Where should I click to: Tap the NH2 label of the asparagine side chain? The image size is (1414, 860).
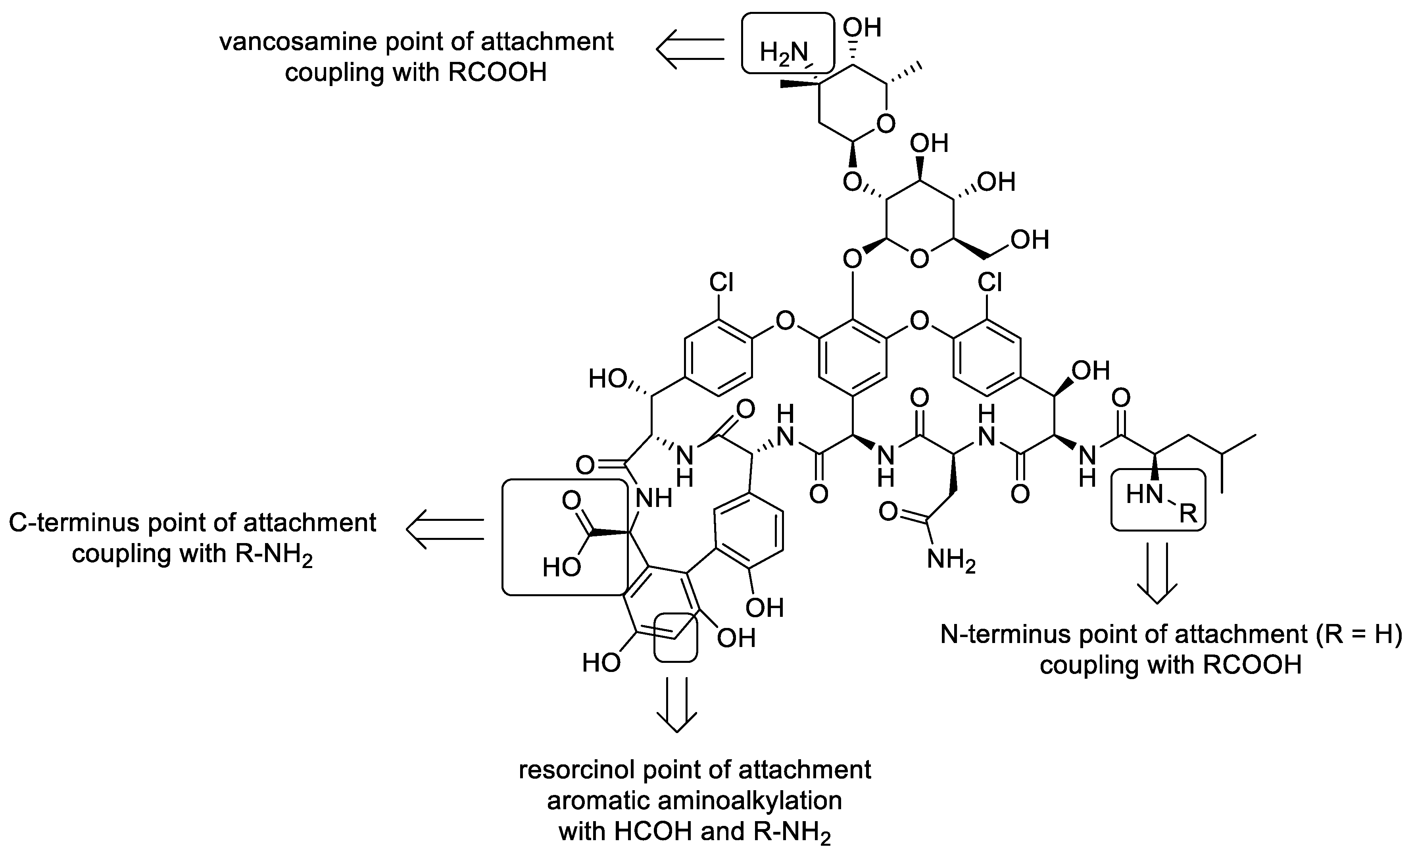[951, 559]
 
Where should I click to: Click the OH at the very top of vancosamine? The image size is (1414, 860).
[862, 27]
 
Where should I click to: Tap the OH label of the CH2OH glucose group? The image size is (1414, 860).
[1030, 240]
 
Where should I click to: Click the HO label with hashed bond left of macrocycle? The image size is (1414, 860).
[608, 379]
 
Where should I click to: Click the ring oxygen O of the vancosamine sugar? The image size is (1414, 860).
[886, 124]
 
